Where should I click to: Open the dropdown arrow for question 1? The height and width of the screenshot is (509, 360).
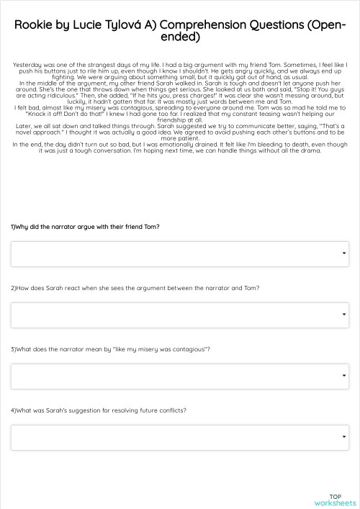343,253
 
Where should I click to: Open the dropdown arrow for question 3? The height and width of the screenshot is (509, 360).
343,376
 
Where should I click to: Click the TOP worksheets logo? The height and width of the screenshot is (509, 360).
335,500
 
